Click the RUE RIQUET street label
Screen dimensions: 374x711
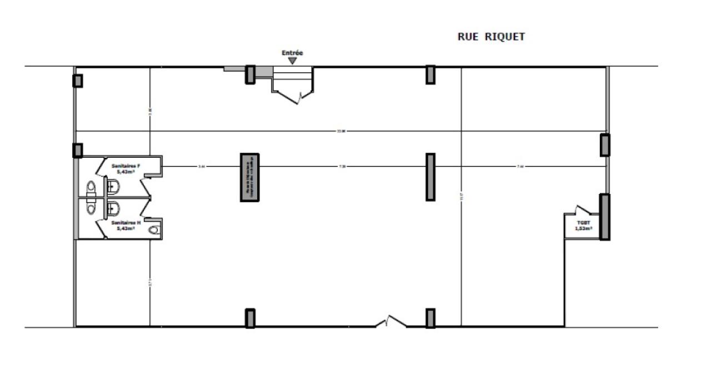pos(491,37)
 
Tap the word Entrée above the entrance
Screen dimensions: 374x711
pos(293,53)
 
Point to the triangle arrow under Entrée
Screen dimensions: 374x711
pos(293,60)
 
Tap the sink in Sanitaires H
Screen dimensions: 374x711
pos(92,207)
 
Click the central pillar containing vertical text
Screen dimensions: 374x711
pos(250,177)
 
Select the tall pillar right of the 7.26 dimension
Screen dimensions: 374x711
pos(430,177)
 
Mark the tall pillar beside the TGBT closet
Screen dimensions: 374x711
pos(604,217)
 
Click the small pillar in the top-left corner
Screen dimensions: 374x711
pos(78,81)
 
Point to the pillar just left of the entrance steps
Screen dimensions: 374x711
pos(250,74)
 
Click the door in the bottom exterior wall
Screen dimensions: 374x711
pos(390,322)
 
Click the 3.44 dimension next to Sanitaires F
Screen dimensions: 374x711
pos(202,166)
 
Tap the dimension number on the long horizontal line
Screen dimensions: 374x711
pos(341,131)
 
